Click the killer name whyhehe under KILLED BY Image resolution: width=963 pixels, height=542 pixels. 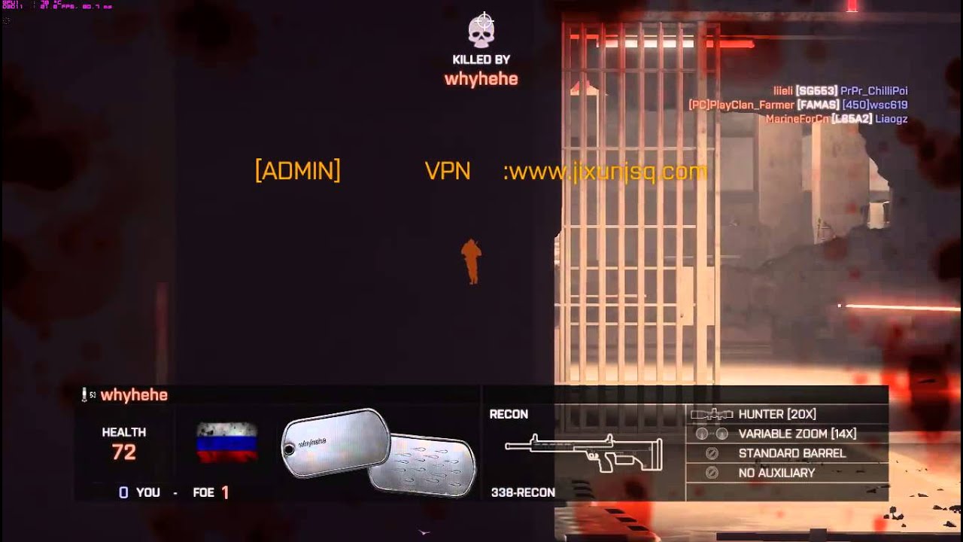click(x=481, y=78)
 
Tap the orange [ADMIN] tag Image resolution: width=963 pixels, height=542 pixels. click(x=298, y=171)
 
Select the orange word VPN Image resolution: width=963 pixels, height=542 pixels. click(x=448, y=171)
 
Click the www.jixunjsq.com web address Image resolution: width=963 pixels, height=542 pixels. click(x=606, y=172)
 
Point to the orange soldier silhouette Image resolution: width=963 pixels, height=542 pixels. click(x=472, y=261)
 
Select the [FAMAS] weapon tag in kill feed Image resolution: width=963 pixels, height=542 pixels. click(x=818, y=105)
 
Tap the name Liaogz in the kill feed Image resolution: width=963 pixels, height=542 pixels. click(x=892, y=118)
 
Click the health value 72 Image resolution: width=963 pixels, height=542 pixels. click(x=124, y=452)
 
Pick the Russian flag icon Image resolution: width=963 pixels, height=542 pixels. click(x=226, y=442)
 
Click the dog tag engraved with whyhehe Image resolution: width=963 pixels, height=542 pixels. click(x=335, y=446)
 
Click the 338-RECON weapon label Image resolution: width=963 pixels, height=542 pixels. click(x=523, y=492)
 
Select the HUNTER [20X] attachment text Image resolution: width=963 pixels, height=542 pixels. click(x=777, y=414)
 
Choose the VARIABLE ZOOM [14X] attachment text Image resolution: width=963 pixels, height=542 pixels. click(x=797, y=434)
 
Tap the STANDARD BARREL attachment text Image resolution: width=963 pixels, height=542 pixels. click(x=792, y=453)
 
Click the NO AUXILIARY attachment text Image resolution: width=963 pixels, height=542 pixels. click(x=777, y=473)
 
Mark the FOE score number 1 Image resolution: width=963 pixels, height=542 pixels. click(x=225, y=492)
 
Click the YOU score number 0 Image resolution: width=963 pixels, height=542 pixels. click(x=123, y=492)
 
